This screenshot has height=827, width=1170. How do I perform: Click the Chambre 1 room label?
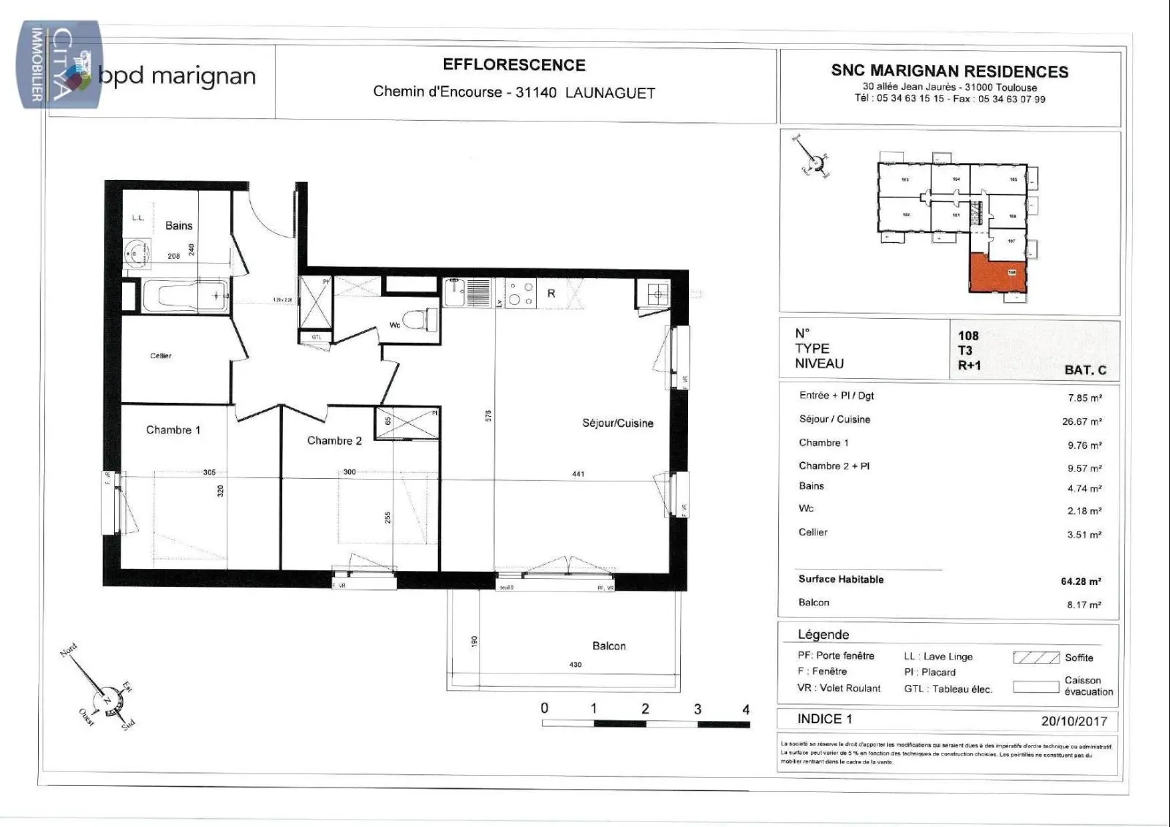pos(173,430)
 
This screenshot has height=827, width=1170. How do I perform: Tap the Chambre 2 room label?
pos(334,440)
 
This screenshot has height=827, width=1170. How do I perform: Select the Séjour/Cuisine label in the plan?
pos(617,423)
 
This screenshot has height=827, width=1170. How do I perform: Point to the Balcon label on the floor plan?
pos(608,646)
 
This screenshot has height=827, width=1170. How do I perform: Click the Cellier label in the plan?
pos(161,355)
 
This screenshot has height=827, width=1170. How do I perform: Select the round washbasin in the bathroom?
pos(135,254)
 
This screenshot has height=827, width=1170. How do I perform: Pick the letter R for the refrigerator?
pos(551,293)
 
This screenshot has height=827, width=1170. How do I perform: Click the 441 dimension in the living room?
pos(578,474)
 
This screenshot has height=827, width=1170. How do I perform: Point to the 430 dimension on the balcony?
pos(575,665)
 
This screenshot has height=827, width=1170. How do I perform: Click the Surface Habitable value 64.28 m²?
pos(1081,581)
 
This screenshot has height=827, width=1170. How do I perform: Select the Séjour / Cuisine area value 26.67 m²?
pos(1082,422)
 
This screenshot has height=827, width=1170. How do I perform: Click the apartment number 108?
pos(968,336)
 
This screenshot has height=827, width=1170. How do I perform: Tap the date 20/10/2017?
pos(1074,721)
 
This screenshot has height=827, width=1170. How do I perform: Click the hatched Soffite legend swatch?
pos(1035,657)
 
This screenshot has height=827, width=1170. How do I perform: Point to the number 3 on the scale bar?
pos(697,709)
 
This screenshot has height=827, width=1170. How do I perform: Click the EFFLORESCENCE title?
pos(514,65)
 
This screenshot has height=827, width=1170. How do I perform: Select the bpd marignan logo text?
pos(176,76)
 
